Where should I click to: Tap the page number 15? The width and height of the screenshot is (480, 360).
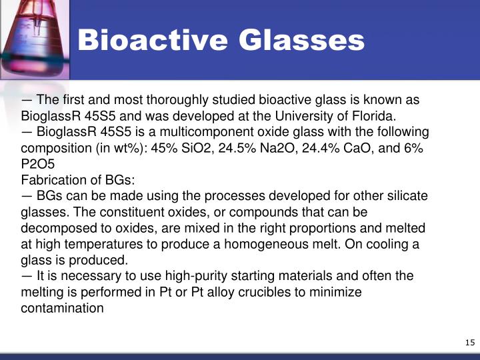pos(469,343)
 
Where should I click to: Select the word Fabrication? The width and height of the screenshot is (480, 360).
pos(52,179)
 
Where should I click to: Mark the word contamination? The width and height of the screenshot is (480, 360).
pos(63,308)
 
